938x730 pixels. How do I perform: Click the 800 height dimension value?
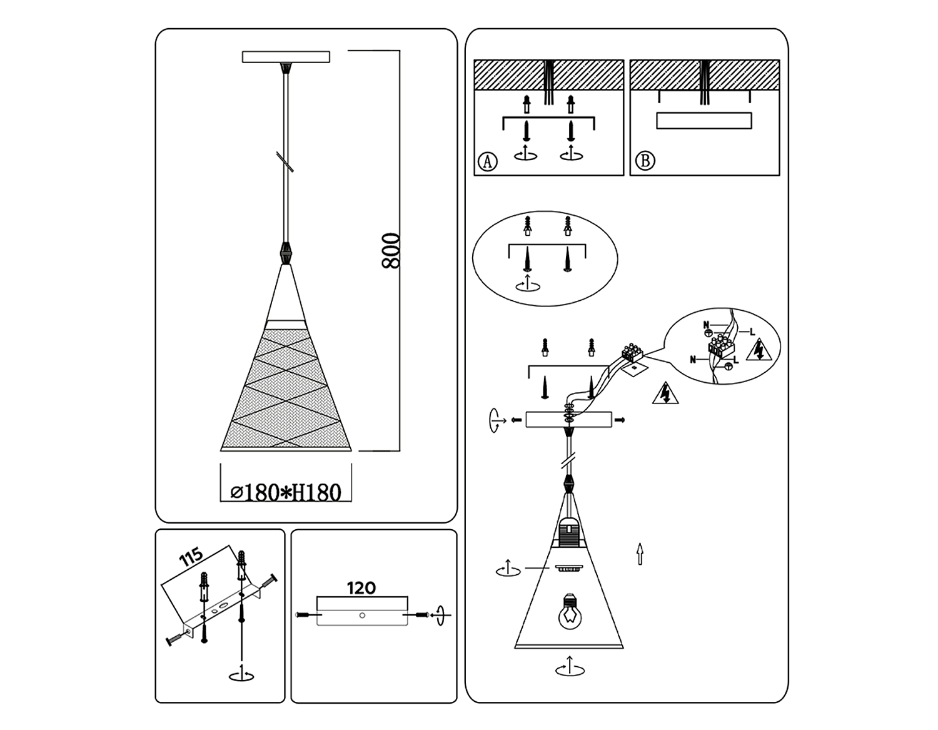(391, 251)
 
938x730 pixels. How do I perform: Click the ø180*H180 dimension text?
(286, 492)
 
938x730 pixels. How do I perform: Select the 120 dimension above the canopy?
(361, 587)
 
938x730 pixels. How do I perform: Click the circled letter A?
(488, 161)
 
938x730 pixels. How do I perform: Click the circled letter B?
(645, 161)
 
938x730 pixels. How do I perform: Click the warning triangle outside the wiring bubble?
(665, 393)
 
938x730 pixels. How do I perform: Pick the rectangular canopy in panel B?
(704, 121)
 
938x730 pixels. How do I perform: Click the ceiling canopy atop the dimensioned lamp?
(286, 57)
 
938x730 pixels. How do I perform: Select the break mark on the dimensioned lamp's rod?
(285, 162)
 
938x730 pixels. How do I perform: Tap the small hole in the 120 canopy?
(362, 615)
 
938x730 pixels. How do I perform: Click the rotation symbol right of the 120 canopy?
(440, 615)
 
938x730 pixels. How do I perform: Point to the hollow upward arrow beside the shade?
(640, 554)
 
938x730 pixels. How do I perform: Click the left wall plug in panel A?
(526, 104)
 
